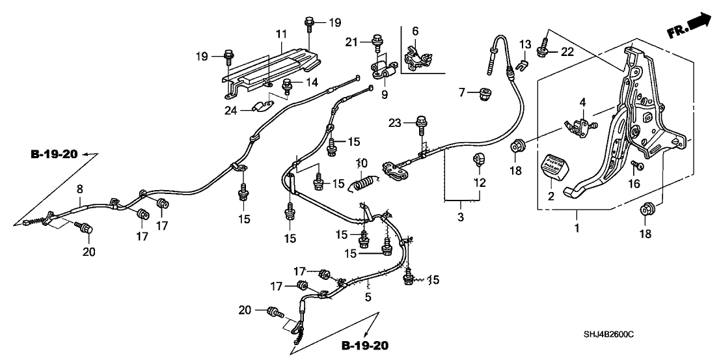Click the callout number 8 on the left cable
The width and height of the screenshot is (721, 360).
click(79, 188)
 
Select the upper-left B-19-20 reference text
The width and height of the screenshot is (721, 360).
click(54, 154)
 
